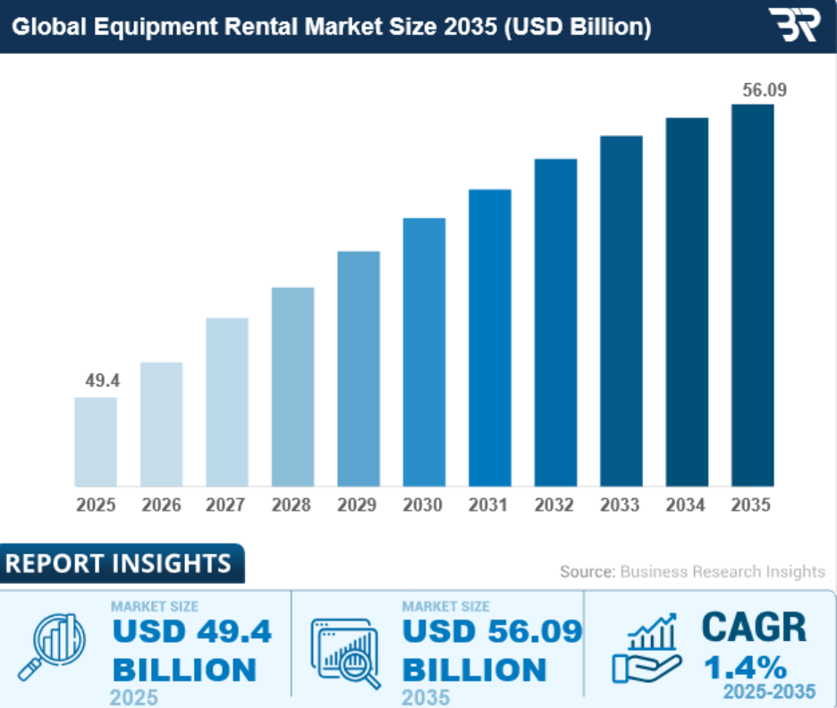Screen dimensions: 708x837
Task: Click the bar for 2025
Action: point(96,442)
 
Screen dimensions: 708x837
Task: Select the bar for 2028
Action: point(292,386)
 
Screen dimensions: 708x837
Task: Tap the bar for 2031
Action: point(489,338)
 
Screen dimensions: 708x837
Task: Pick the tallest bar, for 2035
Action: point(752,295)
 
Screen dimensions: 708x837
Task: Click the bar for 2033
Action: point(621,311)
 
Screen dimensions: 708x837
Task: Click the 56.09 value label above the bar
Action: point(752,90)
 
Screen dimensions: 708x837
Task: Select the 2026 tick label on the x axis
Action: point(161,505)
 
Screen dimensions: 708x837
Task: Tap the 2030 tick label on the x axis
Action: point(423,505)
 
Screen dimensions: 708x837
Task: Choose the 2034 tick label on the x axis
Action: point(686,505)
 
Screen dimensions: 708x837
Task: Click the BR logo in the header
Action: point(793,26)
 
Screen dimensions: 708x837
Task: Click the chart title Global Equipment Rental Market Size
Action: point(331,28)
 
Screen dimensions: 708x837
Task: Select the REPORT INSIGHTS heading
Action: point(118,563)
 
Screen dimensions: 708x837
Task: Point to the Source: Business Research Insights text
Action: point(692,571)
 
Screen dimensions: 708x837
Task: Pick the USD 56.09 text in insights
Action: point(492,631)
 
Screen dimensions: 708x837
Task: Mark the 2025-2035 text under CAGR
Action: point(769,691)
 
